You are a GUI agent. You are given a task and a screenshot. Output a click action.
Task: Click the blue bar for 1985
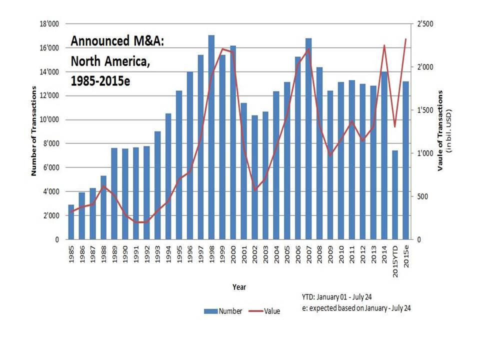[x=71, y=222]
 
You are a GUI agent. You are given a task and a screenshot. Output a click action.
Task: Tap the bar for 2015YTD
[x=395, y=195]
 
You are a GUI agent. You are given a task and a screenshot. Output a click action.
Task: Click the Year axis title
[x=238, y=287]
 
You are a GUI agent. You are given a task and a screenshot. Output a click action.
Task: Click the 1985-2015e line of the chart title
[x=100, y=80]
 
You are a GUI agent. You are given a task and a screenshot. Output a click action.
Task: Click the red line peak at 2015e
[x=406, y=39]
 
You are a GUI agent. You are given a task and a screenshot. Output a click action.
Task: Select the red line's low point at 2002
[x=255, y=190]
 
